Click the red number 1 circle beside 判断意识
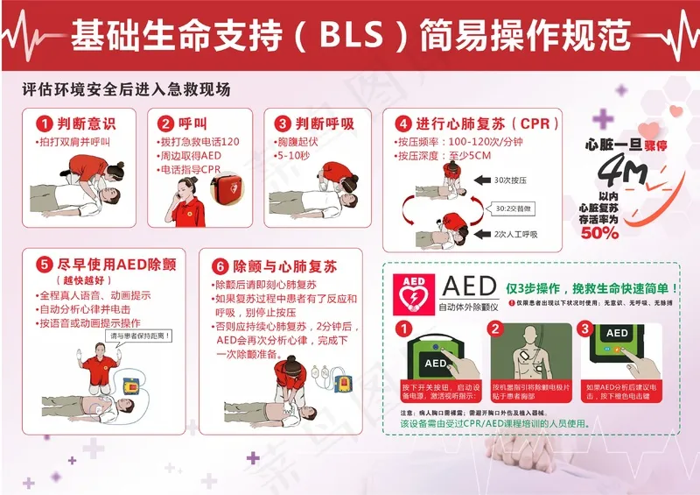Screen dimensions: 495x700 (x=41, y=124)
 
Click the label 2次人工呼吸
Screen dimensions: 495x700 (x=515, y=234)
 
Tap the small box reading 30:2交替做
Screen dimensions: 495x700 (x=514, y=208)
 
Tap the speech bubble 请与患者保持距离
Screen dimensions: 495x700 (x=138, y=335)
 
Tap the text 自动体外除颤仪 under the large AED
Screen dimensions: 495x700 (x=468, y=307)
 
